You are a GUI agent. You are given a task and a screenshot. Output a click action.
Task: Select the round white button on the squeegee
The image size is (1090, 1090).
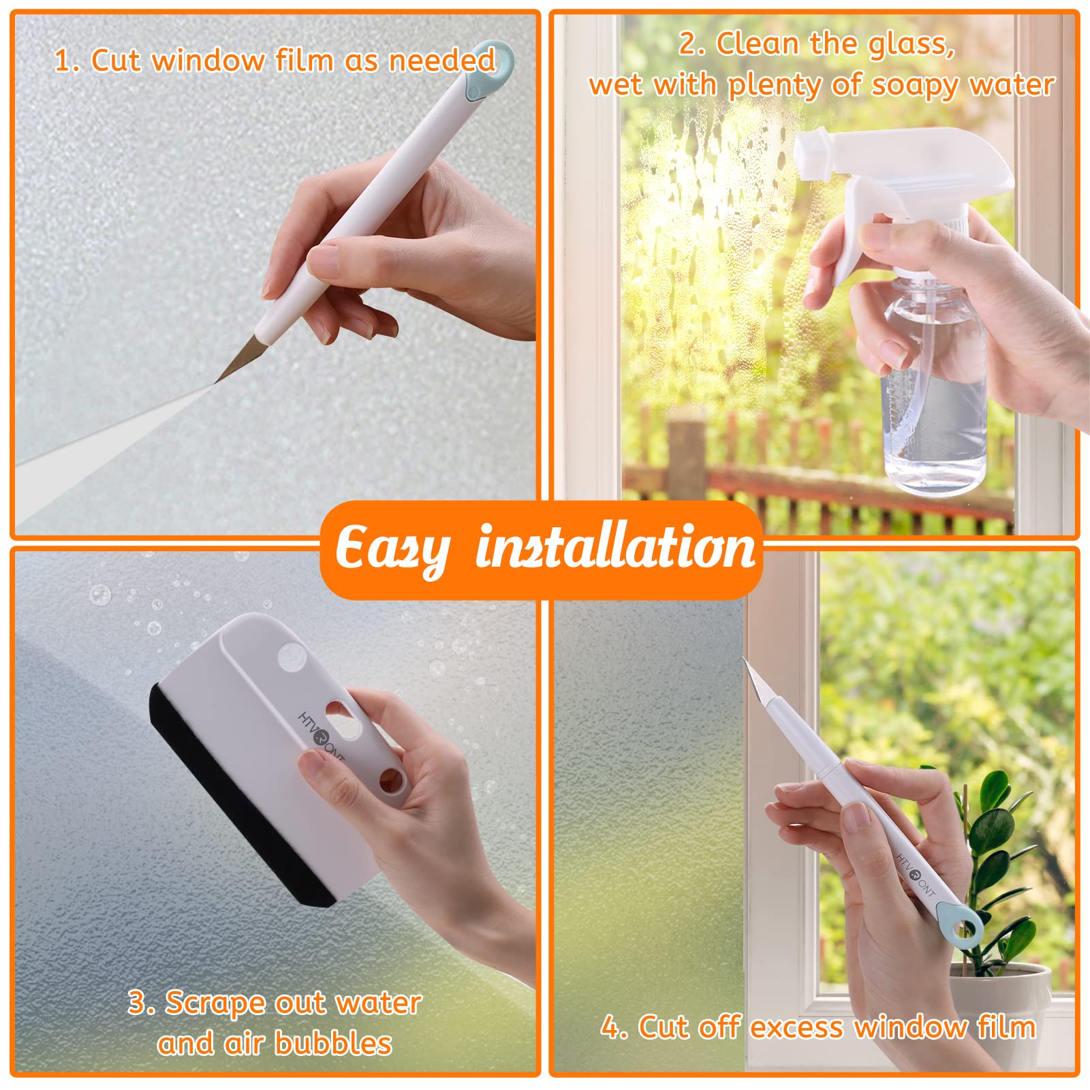pyautogui.click(x=292, y=656)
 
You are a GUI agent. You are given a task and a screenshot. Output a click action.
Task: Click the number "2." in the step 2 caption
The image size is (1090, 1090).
pyautogui.click(x=691, y=44)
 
